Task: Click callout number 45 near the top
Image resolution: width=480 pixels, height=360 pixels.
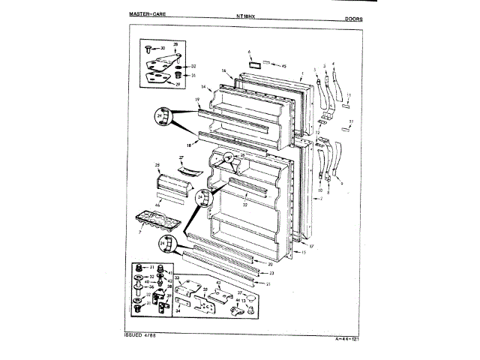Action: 284,67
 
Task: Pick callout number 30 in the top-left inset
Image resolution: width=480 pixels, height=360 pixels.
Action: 163,49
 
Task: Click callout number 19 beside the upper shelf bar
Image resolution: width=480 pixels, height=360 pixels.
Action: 196,100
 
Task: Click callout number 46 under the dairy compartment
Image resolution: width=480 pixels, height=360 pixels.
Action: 157,204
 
